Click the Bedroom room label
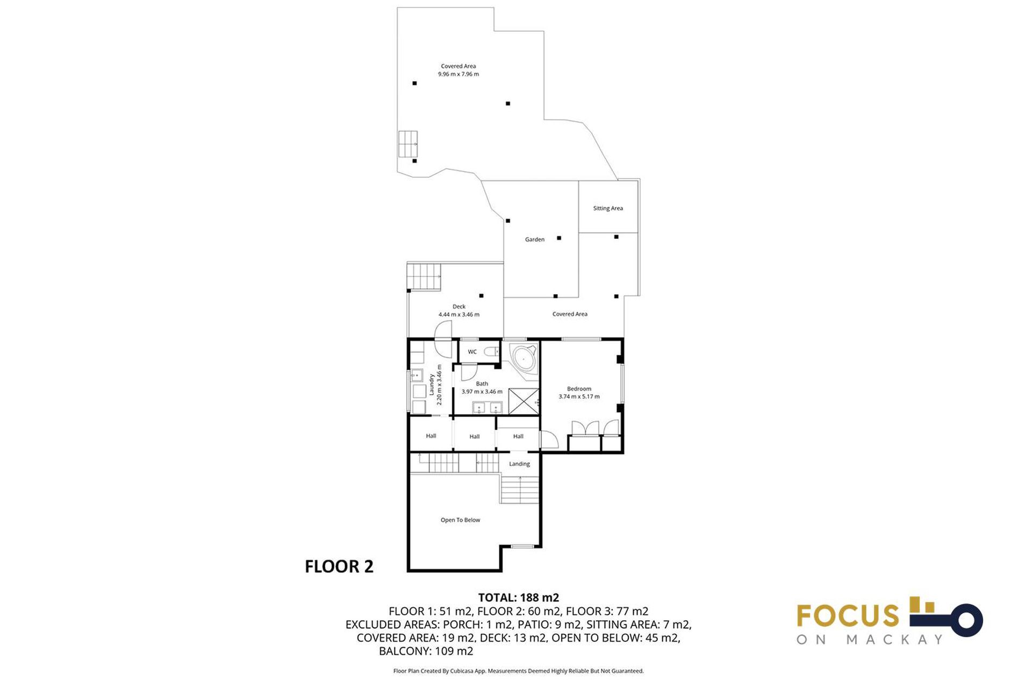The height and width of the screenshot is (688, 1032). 579,389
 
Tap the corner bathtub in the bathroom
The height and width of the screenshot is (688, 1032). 523,358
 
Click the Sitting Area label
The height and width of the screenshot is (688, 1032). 608,208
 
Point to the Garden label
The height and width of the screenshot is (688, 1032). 535,239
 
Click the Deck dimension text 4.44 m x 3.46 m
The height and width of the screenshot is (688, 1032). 459,315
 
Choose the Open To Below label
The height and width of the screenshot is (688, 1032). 460,520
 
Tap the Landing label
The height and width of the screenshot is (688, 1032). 519,464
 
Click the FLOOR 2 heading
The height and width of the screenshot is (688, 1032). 339,566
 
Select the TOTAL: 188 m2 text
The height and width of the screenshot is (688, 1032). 519,598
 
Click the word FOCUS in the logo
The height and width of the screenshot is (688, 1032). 848,616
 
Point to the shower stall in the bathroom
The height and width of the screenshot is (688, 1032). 524,401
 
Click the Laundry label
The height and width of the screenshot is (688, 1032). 431,385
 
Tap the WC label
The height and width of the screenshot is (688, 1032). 472,352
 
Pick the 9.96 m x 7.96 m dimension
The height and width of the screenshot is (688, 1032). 458,74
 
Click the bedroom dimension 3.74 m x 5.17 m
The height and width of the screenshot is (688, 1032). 579,397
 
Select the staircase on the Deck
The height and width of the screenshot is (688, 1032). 424,276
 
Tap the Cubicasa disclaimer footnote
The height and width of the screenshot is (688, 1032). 518,671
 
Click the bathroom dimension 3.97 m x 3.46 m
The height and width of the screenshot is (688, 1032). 482,392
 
